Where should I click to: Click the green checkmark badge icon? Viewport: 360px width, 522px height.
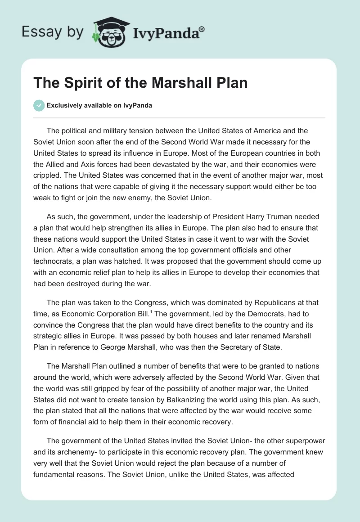[39, 106]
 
